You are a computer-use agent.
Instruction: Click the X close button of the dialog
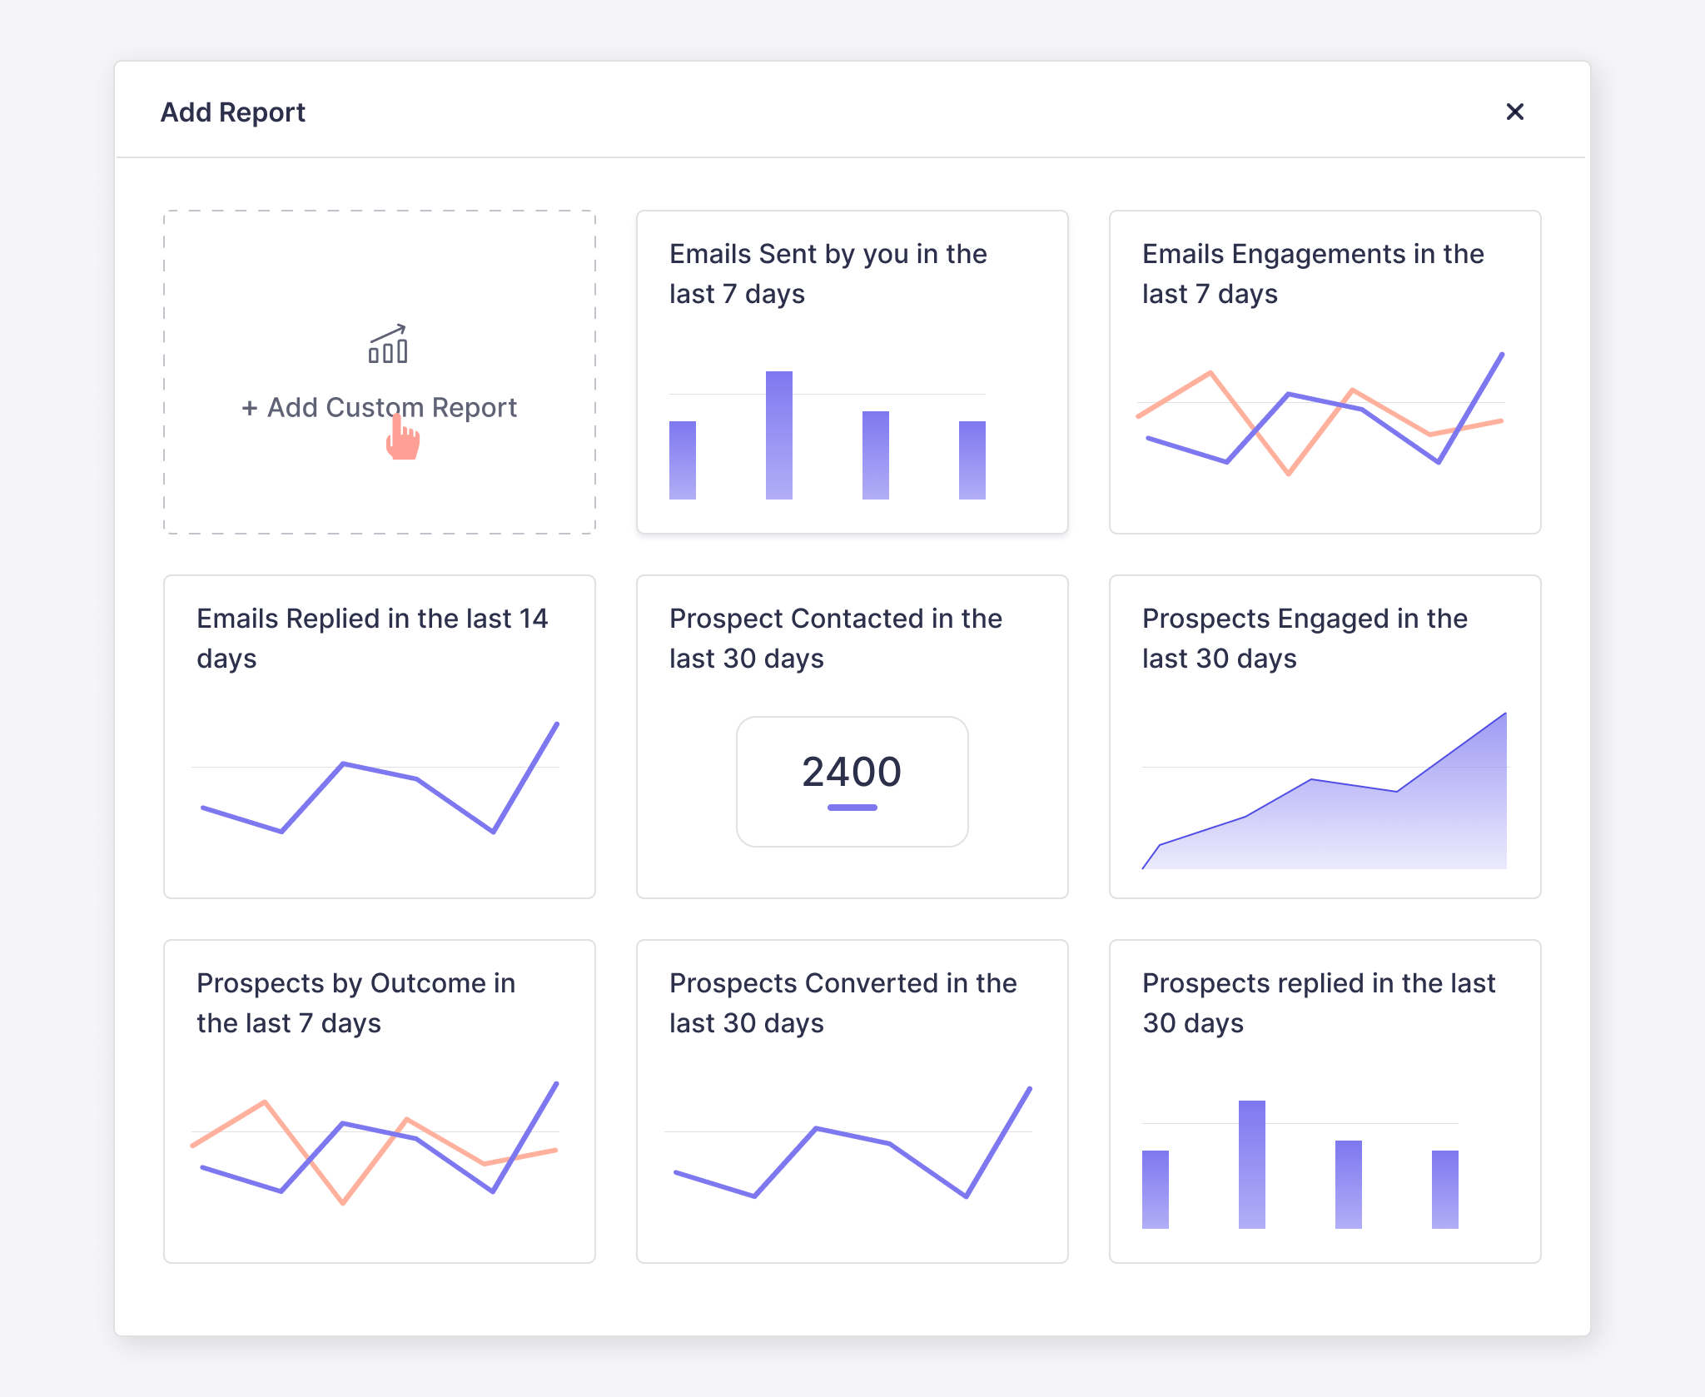(1514, 112)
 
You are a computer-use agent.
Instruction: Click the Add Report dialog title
(232, 112)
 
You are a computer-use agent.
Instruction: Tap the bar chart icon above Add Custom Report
(388, 344)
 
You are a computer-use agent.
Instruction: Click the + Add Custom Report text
(379, 407)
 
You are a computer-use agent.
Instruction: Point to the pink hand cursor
(402, 439)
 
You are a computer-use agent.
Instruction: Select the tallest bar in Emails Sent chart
(778, 435)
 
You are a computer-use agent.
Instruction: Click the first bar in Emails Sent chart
(682, 460)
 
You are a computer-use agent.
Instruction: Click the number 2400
(851, 771)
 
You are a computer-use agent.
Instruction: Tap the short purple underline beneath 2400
(852, 807)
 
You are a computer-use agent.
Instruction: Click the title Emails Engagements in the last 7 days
(1312, 273)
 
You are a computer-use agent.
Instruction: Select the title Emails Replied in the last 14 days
(372, 638)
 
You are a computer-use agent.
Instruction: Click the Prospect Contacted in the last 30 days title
(835, 638)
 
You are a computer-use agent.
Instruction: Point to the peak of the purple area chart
(1504, 715)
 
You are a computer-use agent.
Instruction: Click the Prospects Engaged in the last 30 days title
(1304, 638)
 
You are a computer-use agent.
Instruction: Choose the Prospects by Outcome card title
(355, 1002)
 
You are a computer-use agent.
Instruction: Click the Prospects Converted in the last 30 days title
(843, 1002)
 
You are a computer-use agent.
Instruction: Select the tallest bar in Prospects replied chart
(1251, 1164)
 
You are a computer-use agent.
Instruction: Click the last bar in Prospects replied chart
(1444, 1189)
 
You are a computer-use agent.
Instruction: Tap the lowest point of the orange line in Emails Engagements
(1288, 473)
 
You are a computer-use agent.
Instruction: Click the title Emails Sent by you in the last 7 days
(828, 273)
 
